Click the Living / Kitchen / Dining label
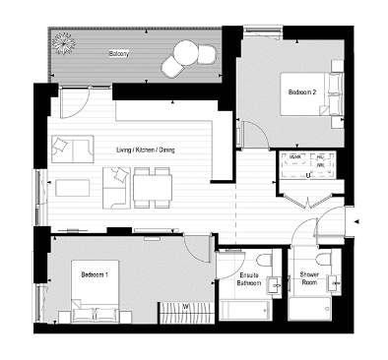(145, 150)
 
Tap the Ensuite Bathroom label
(249, 279)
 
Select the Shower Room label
(308, 279)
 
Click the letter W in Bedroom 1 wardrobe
(185, 306)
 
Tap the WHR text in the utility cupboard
(294, 156)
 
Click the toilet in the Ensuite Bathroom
(277, 283)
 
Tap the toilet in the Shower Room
(335, 283)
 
